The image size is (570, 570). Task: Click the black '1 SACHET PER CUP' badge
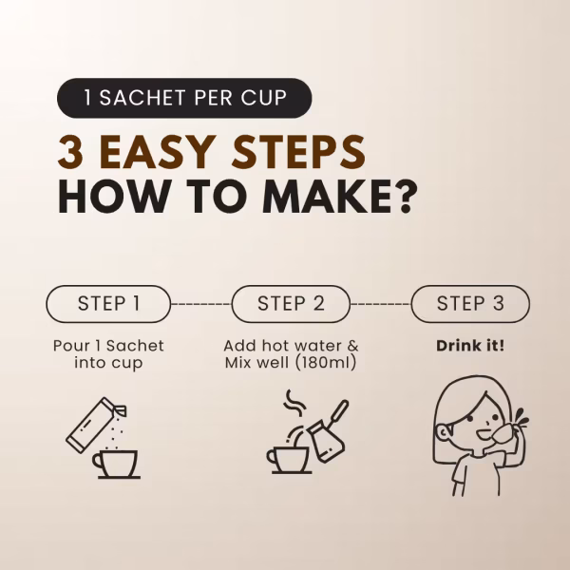coord(184,98)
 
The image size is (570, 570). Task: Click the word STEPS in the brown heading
coord(299,152)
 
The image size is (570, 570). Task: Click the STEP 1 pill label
coord(108,304)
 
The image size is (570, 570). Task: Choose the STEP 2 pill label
coord(291,304)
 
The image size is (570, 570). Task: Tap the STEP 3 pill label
coord(470,304)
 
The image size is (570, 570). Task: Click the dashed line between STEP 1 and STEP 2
coord(201,304)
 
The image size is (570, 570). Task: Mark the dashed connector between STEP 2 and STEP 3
coord(381,304)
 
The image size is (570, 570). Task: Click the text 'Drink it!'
coord(470,346)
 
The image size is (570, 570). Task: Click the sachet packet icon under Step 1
coord(94,425)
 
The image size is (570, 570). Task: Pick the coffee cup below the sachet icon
coord(116,465)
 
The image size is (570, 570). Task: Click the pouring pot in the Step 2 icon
coord(327,433)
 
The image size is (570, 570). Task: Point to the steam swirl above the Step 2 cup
coord(294,403)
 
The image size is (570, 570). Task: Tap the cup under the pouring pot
coord(290,460)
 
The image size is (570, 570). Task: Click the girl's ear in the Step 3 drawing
coord(444,432)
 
